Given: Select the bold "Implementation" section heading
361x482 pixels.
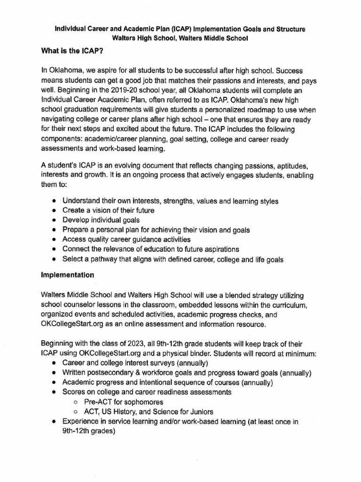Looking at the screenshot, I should (x=68, y=275).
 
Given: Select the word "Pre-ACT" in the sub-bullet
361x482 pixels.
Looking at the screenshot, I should (x=98, y=402).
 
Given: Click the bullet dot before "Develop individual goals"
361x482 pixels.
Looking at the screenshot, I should (x=55, y=220).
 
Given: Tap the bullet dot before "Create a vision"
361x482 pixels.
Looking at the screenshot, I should (x=55, y=210).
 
